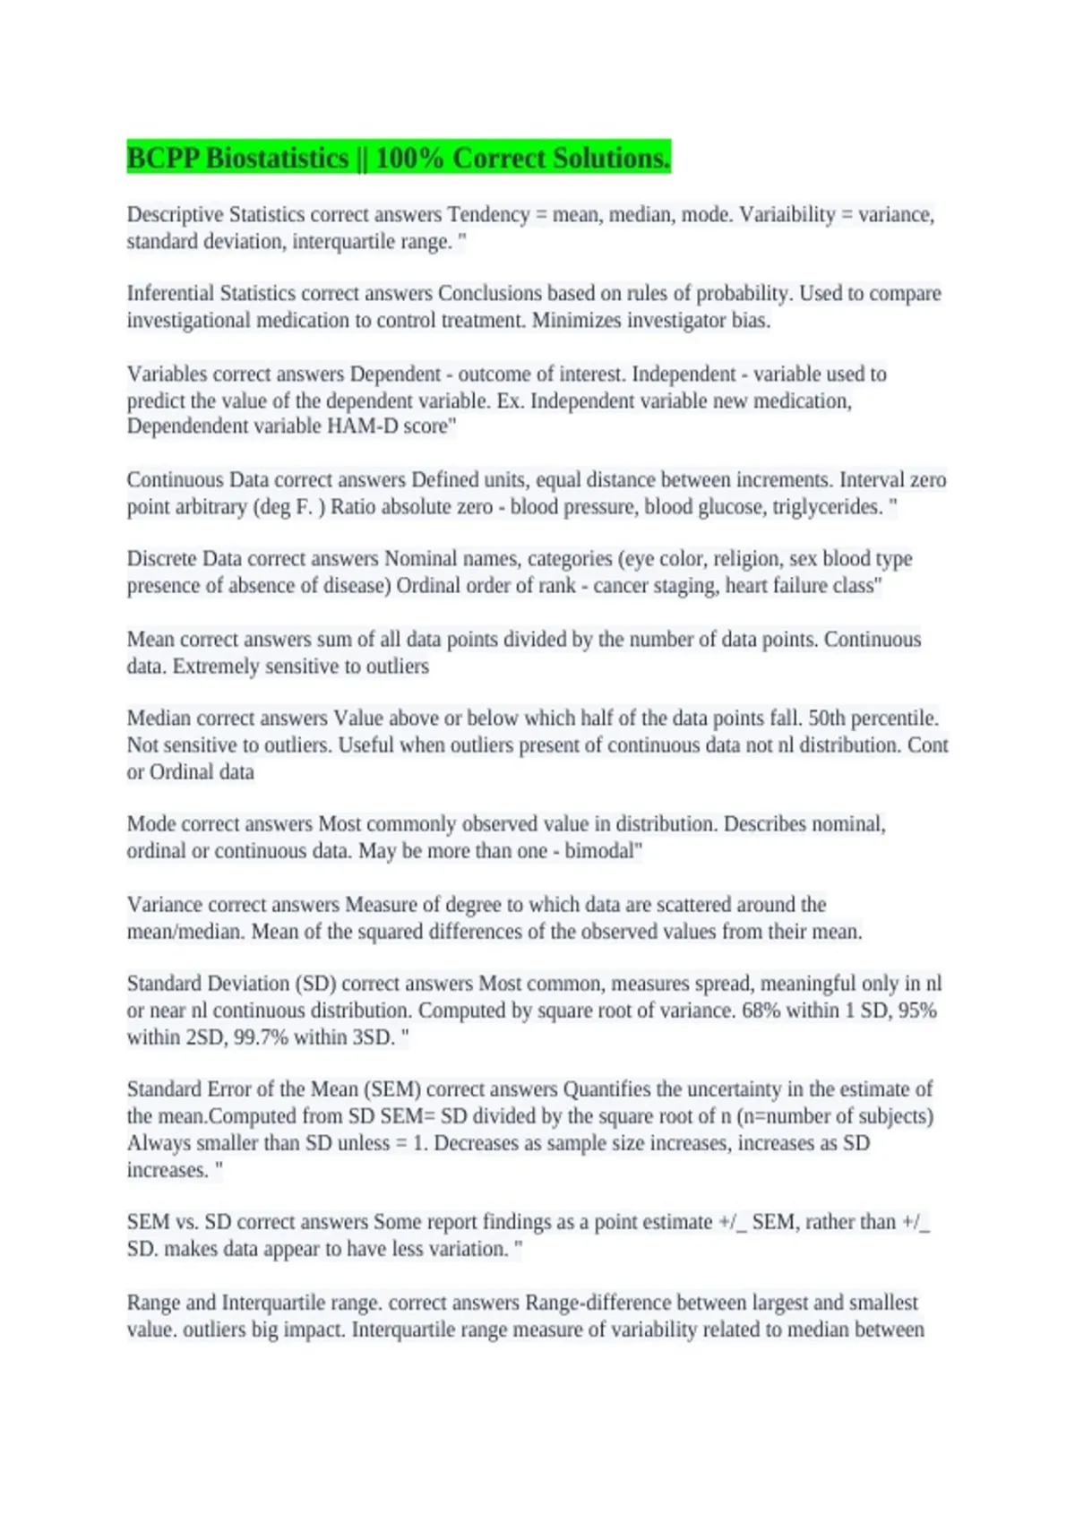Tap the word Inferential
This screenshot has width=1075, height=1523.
[170, 294]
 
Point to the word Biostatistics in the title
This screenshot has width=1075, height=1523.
[276, 159]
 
